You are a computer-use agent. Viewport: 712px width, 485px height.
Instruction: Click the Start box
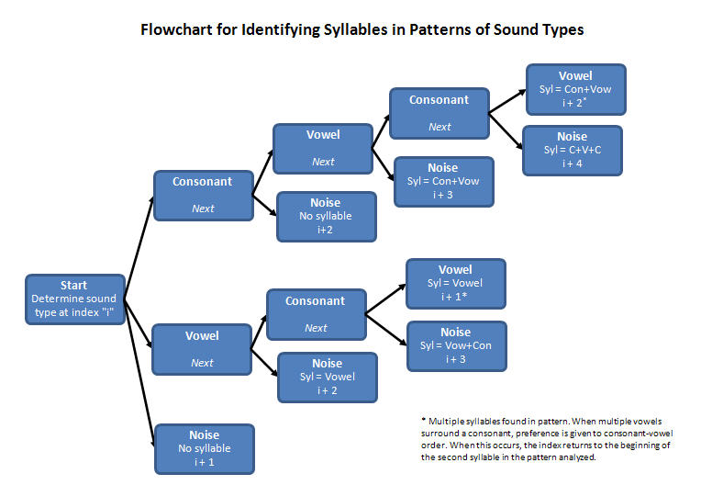pos(74,299)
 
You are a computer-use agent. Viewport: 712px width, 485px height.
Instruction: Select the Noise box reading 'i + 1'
pos(204,448)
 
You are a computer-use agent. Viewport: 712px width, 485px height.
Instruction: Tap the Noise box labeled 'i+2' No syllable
pos(326,216)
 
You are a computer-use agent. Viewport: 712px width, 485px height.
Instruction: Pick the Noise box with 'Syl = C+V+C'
pos(572,150)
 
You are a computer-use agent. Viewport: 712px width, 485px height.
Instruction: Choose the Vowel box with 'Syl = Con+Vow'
pos(575,89)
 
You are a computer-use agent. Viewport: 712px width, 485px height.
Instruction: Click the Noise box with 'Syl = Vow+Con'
pos(456,345)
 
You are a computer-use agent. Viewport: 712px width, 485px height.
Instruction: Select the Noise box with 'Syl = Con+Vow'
pos(443,181)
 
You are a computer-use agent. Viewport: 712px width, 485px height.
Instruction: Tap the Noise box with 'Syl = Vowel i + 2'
pos(327,377)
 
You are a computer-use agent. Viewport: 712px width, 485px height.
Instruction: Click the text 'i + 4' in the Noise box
pos(572,164)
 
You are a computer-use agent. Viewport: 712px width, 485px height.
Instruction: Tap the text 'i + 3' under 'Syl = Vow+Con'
pos(456,359)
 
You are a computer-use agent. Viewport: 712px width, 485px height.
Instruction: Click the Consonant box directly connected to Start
pos(203,195)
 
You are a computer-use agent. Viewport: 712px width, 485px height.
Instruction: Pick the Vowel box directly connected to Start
pos(202,349)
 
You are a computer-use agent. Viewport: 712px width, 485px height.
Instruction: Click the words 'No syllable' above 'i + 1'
pos(204,448)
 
